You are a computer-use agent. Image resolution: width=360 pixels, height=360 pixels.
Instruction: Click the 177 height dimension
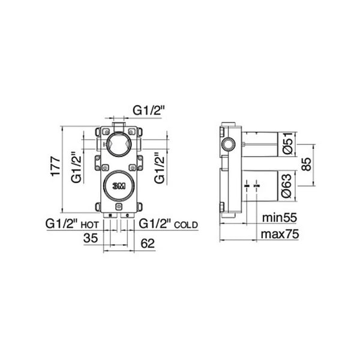click(x=56, y=166)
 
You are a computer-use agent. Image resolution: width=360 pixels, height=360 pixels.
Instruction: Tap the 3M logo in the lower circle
click(x=119, y=186)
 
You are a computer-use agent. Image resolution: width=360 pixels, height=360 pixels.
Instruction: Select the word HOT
click(x=90, y=225)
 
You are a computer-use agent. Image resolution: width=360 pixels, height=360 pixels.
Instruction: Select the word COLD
click(x=186, y=225)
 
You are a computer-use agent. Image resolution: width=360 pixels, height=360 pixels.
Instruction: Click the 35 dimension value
click(x=91, y=238)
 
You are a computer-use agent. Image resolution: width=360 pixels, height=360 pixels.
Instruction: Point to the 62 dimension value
click(x=148, y=244)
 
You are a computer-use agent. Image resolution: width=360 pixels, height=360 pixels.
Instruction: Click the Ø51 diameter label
click(x=288, y=143)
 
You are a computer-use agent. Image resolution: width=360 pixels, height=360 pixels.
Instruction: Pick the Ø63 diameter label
click(x=287, y=186)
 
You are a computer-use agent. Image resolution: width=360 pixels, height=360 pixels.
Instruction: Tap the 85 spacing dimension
click(x=307, y=164)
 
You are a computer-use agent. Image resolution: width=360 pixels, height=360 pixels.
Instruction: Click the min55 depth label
click(x=280, y=217)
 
